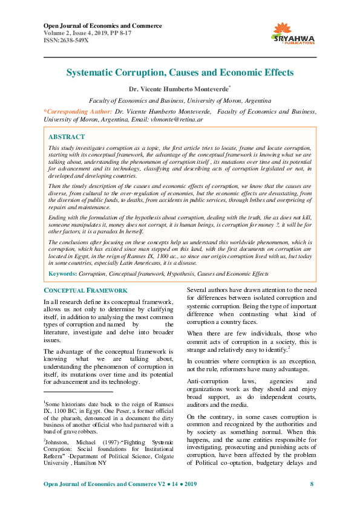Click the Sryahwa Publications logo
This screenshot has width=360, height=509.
[x=294, y=34]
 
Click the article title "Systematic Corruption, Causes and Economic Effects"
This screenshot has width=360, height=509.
[x=180, y=73]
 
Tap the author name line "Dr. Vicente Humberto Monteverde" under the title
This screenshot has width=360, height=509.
[x=180, y=89]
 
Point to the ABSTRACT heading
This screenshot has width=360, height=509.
[x=67, y=137]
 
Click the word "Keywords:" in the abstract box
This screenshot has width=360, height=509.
[x=63, y=274]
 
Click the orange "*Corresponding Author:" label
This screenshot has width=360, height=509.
[x=78, y=112]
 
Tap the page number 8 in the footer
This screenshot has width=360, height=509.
[x=312, y=484]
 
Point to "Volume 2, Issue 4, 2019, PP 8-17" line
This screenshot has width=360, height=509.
[x=91, y=33]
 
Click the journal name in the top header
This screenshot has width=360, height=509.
[x=102, y=26]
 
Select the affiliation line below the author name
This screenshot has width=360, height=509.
[x=180, y=101]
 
